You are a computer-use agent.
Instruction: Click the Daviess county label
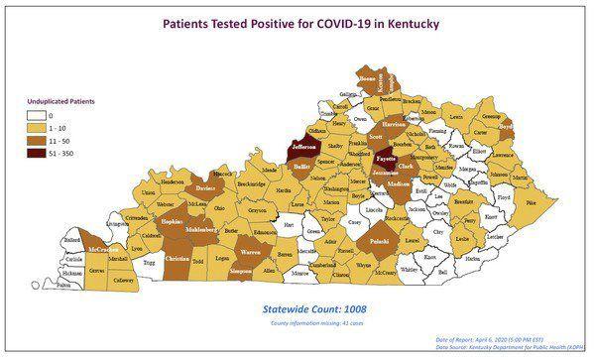pyautogui.click(x=204, y=186)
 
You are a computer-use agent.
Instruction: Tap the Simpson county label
pyautogui.click(x=239, y=270)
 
